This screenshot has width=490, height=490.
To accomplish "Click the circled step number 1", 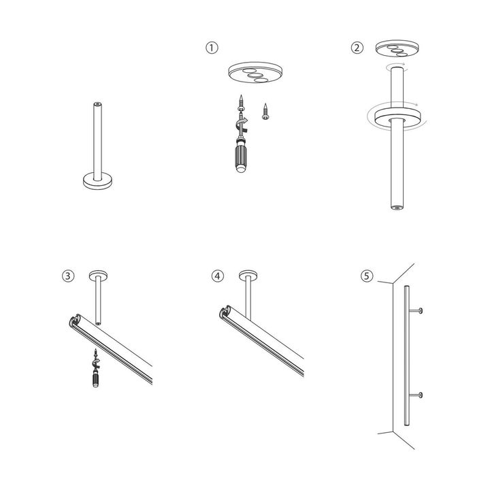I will pyautogui.click(x=212, y=48).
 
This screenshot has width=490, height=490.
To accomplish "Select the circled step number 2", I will pyautogui.click(x=357, y=48).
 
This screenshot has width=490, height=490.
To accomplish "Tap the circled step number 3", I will pyautogui.click(x=67, y=276).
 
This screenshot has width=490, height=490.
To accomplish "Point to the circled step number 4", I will pyautogui.click(x=217, y=276).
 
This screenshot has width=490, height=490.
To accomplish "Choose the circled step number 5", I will pyautogui.click(x=367, y=276).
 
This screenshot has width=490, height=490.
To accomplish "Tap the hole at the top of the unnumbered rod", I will pyautogui.click(x=97, y=105).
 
